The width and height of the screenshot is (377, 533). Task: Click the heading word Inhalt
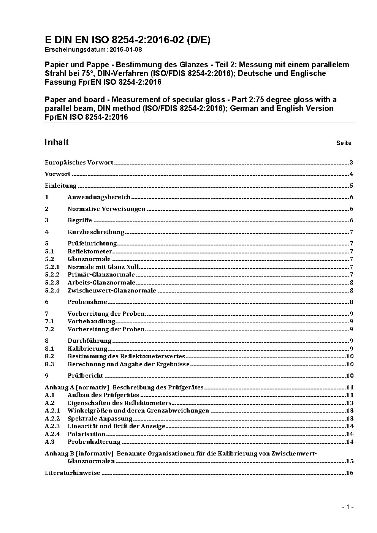[57, 142]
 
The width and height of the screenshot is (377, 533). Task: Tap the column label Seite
[344, 143]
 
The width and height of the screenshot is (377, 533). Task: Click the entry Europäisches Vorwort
[79, 163]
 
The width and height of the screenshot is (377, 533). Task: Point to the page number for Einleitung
[352, 186]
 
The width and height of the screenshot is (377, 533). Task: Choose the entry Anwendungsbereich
[99, 197]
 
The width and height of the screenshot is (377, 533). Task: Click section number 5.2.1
[52, 267]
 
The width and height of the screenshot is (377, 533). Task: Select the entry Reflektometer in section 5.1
[90, 251]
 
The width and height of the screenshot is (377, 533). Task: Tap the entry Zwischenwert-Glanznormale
[112, 291]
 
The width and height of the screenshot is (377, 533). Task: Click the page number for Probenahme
[352, 302]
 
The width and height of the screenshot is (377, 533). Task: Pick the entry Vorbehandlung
[92, 321]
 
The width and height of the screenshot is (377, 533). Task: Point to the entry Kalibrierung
[87, 348]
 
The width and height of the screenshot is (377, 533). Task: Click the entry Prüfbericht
[86, 376]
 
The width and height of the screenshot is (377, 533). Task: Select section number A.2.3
[52, 426]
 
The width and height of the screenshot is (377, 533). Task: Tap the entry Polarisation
[86, 434]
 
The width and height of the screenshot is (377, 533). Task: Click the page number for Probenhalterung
[350, 442]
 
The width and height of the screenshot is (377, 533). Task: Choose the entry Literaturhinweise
[73, 473]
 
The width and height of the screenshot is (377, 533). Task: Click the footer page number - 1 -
[348, 507]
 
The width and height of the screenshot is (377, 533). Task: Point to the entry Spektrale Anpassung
[100, 419]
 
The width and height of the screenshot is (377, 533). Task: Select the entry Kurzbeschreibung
[96, 232]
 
